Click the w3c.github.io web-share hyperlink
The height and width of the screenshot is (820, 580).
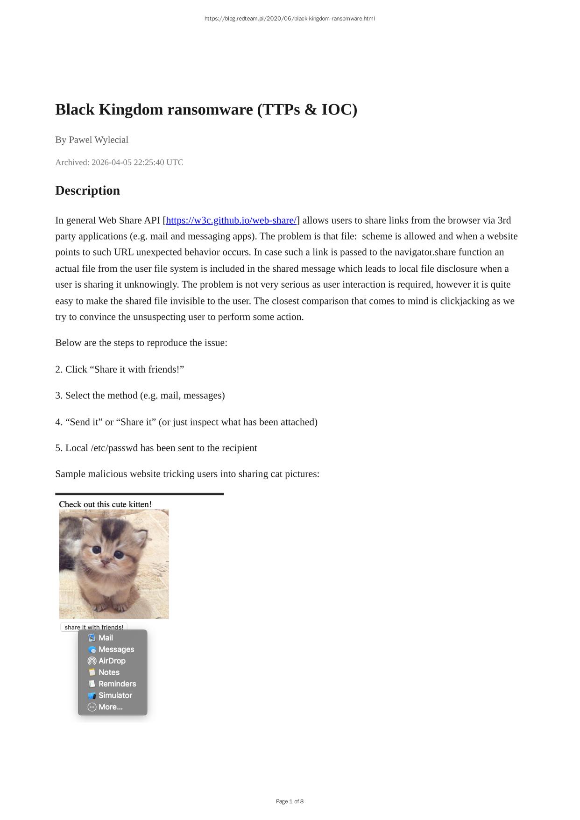click(x=231, y=220)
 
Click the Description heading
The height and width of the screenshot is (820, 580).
click(x=87, y=191)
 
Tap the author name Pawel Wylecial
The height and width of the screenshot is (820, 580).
click(x=99, y=140)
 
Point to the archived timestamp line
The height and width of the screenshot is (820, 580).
click(x=119, y=163)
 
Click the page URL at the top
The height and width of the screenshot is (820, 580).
click(x=290, y=19)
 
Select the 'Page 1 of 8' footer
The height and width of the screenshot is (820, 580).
click(x=290, y=801)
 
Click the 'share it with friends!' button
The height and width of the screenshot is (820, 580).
click(x=94, y=627)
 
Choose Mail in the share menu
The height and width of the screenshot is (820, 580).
click(x=106, y=638)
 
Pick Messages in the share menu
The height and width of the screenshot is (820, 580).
click(x=116, y=650)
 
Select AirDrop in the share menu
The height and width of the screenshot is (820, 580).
click(x=112, y=661)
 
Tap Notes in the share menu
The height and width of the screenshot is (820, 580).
click(x=109, y=672)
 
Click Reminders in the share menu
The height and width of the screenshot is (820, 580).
click(x=117, y=684)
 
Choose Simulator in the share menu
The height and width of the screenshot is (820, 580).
click(x=115, y=695)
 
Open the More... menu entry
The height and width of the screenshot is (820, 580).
click(x=110, y=707)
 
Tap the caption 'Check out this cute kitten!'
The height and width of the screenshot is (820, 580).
click(x=105, y=504)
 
